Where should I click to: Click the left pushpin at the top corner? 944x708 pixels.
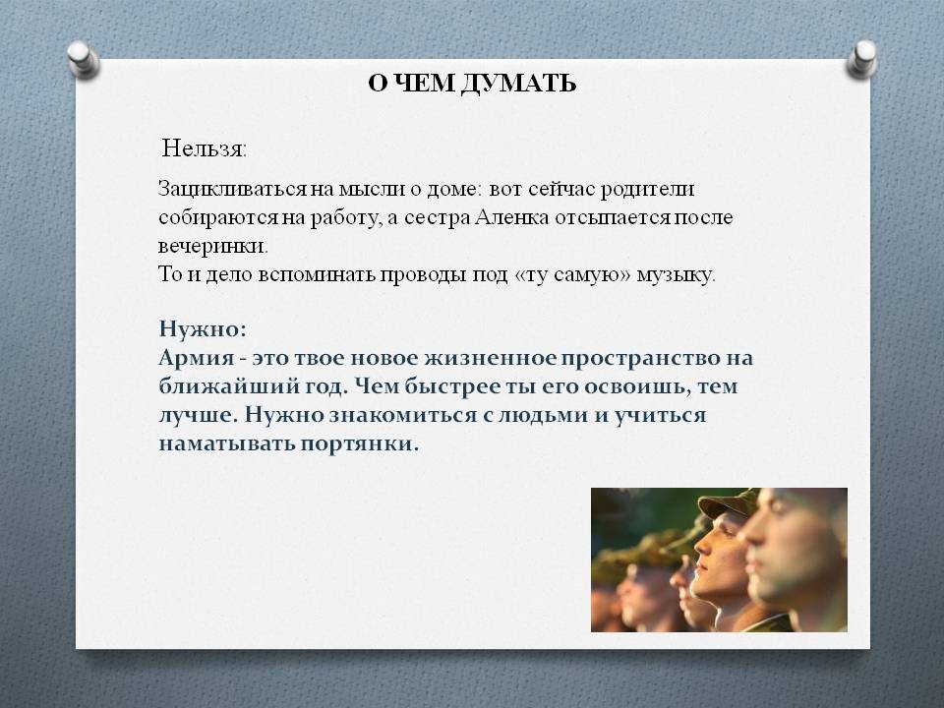[x=83, y=60]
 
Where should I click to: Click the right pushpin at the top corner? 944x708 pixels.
[x=861, y=59]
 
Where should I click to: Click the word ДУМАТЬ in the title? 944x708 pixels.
[x=519, y=84]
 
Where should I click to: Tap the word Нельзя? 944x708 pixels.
[x=205, y=148]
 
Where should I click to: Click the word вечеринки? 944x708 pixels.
[x=212, y=246]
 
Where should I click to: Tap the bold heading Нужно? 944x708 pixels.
[x=203, y=328]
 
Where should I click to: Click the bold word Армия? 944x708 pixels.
[x=197, y=358]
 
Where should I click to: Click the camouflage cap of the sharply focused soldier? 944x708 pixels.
[x=728, y=502]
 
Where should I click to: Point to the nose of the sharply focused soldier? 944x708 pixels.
[x=702, y=545]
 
